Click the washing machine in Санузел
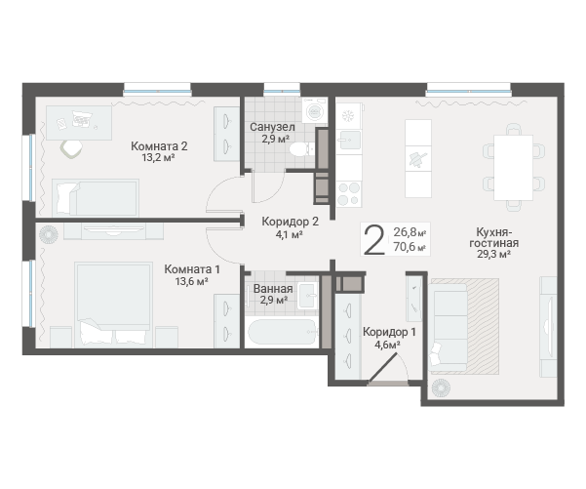click(x=315, y=110)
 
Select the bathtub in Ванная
click(x=282, y=332)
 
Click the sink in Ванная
click(x=307, y=296)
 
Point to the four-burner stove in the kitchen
click(x=349, y=194)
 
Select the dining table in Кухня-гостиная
click(x=513, y=167)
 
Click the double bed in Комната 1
click(x=113, y=305)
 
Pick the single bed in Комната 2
click(x=96, y=197)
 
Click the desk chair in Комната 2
click(x=71, y=149)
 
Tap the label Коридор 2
click(x=290, y=222)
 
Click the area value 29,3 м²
click(x=493, y=255)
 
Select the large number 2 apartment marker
click(x=374, y=240)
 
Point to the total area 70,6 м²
click(x=410, y=247)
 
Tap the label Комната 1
click(x=192, y=269)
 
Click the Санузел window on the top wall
click(x=282, y=90)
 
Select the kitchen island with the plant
click(x=418, y=158)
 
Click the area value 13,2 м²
click(x=159, y=157)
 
